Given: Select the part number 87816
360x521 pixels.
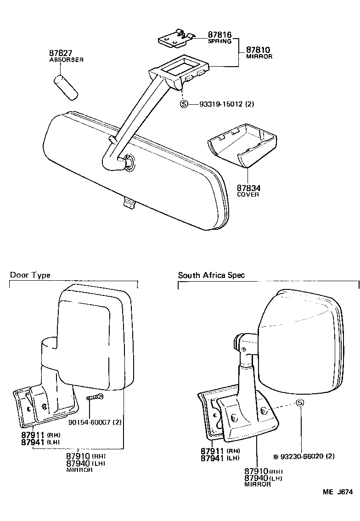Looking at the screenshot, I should click(219, 35).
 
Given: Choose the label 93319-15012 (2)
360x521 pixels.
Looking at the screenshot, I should click(227, 104).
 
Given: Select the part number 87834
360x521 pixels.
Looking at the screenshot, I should click(248, 188).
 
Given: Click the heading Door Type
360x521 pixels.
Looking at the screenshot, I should click(30, 275).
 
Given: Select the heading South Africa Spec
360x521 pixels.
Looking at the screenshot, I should click(211, 275).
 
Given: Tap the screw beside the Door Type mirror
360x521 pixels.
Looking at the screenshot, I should click(94, 397).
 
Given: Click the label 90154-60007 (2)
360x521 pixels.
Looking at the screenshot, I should click(95, 422).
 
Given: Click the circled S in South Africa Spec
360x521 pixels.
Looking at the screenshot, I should click(300, 403).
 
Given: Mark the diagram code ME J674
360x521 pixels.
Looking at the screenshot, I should click(337, 492).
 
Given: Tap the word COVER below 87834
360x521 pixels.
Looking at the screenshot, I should click(248, 194).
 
